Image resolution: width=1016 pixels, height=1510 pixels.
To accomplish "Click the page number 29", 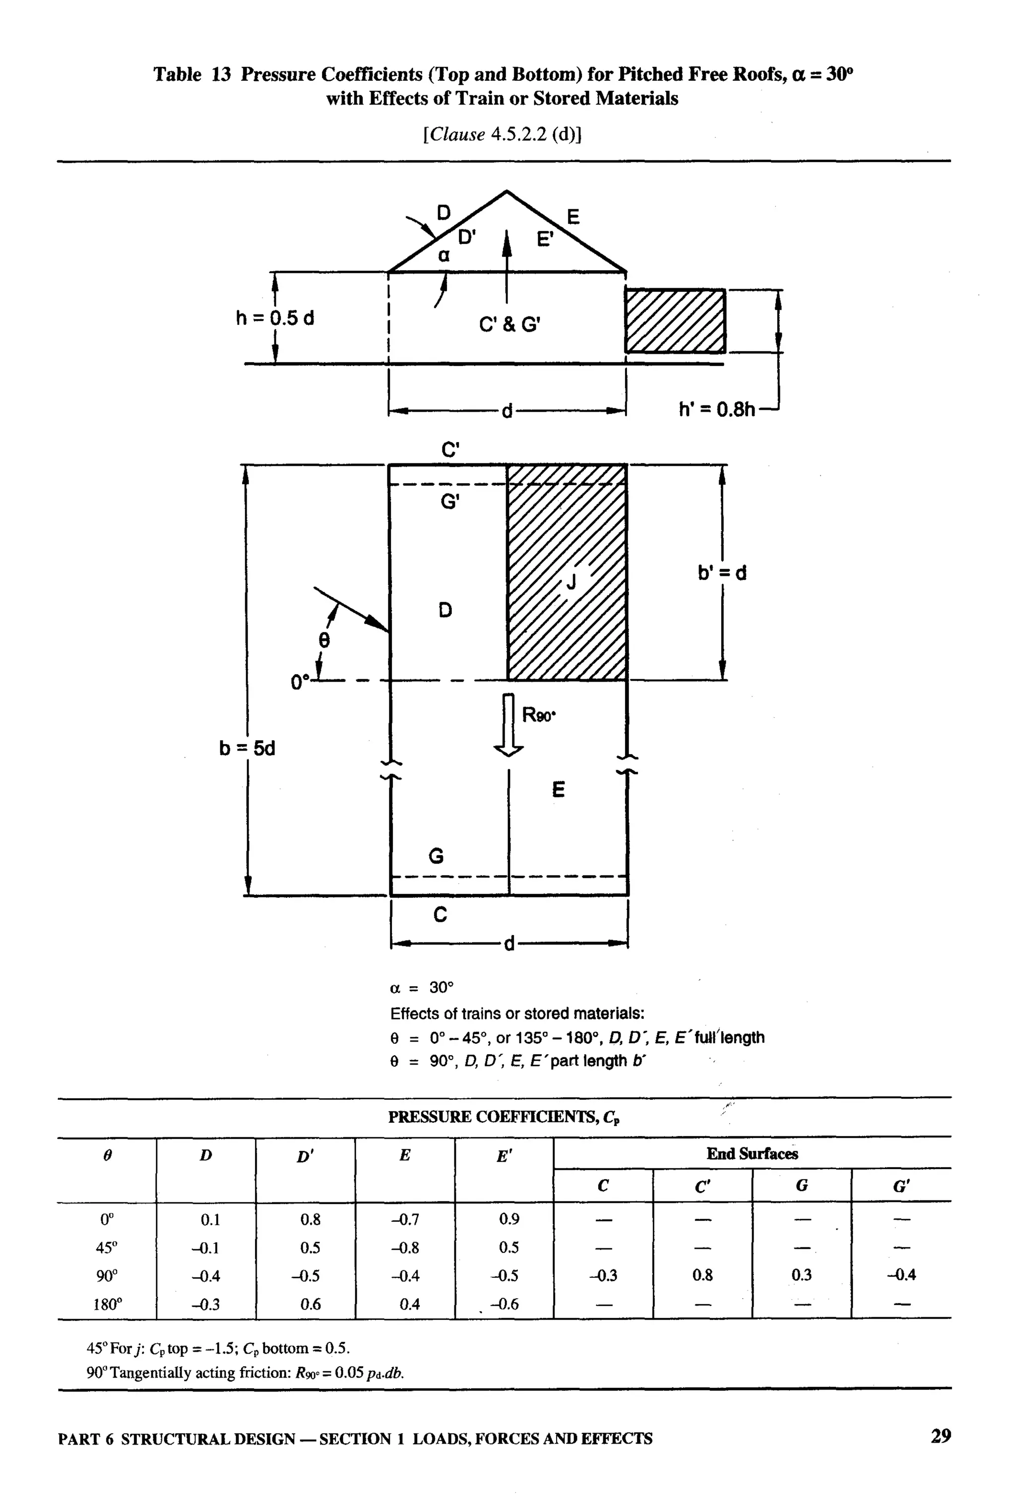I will [x=940, y=1436].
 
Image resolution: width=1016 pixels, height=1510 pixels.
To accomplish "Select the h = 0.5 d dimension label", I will [x=275, y=318].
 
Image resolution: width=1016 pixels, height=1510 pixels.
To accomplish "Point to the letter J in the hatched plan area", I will [x=571, y=582].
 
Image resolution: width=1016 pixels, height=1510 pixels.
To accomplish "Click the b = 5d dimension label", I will [x=247, y=748].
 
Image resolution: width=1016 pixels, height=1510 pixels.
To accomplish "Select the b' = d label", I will [x=722, y=572].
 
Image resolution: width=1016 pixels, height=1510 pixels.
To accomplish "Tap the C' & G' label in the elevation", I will [x=509, y=324].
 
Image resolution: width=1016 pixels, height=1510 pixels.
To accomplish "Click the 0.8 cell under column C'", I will [x=702, y=1275].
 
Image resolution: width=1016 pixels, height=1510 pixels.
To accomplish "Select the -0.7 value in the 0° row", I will [x=405, y=1220].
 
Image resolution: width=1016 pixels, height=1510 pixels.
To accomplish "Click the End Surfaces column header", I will [x=752, y=1154].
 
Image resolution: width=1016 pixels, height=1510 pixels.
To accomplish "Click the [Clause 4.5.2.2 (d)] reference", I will [x=502, y=134].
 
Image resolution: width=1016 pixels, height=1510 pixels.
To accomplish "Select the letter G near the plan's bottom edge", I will [x=436, y=856].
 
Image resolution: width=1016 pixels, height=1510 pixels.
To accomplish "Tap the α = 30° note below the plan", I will [x=422, y=987].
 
